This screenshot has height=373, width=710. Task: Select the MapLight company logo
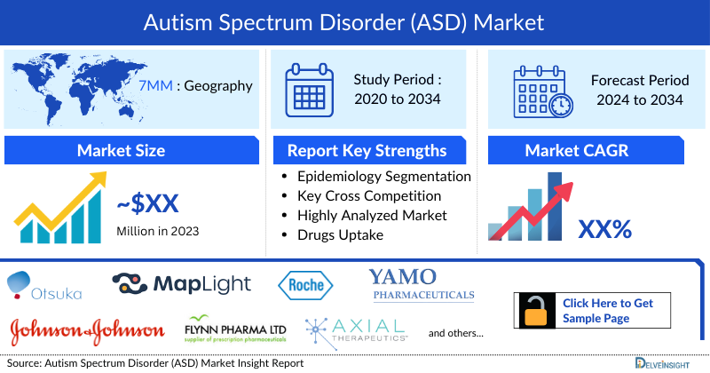tap(182, 284)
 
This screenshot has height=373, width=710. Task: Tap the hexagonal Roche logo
tap(305, 285)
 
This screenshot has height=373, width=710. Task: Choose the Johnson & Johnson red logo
tap(87, 330)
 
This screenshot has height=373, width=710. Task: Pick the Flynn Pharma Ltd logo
tap(235, 329)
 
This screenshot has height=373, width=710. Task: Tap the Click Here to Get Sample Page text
tap(608, 310)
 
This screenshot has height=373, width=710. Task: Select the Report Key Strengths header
tap(367, 150)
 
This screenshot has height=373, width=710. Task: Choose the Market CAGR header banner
tap(588, 150)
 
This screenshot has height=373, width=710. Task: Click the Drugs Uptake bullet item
tap(340, 234)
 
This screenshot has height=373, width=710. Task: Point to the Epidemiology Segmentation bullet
tap(383, 176)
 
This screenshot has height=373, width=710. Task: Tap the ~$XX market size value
tap(147, 205)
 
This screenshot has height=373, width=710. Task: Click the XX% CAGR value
tap(604, 229)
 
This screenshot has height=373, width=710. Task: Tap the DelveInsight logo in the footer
tap(661, 363)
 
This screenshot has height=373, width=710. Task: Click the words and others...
tap(455, 333)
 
